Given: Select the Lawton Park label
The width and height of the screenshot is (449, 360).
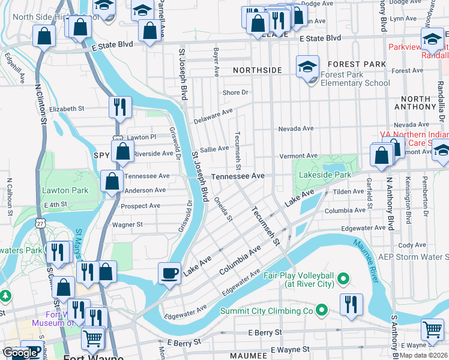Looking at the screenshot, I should click(x=65, y=190).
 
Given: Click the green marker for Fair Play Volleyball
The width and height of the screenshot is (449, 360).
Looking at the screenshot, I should click(x=343, y=278).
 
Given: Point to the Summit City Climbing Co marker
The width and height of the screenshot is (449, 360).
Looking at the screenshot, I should click(x=322, y=310).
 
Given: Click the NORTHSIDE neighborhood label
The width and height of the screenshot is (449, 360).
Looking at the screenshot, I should click(x=257, y=70).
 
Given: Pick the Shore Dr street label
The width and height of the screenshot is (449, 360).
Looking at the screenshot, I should click(x=235, y=92).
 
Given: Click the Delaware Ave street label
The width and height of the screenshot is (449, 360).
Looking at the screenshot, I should click(x=212, y=116).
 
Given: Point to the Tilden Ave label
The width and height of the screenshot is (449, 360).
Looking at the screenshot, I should click(x=349, y=191).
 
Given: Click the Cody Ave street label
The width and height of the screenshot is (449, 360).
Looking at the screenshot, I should click(x=412, y=245).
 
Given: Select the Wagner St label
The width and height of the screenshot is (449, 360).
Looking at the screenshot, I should click(x=127, y=224).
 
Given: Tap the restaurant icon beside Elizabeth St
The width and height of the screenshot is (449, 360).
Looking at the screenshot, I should click(x=120, y=107).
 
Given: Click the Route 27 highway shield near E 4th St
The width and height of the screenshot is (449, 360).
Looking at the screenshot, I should click(x=39, y=222).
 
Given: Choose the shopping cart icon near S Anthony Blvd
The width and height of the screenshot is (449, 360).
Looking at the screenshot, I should click(x=432, y=329).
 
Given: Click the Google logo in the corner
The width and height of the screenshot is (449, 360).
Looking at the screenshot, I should click(x=20, y=353).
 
